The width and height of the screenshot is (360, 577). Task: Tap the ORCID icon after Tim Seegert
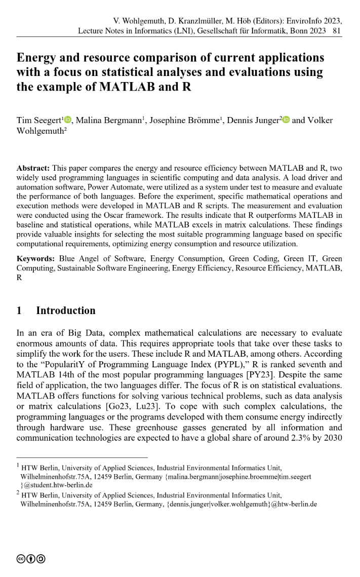(68, 121)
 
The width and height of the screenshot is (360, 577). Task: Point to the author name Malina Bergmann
(108, 121)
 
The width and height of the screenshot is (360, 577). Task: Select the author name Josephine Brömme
(192, 121)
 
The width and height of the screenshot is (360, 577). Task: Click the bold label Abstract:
(32, 168)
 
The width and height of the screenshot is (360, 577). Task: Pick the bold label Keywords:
(34, 259)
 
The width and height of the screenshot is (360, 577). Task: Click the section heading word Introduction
(65, 311)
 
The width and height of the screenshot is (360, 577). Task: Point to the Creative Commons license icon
(31, 559)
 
